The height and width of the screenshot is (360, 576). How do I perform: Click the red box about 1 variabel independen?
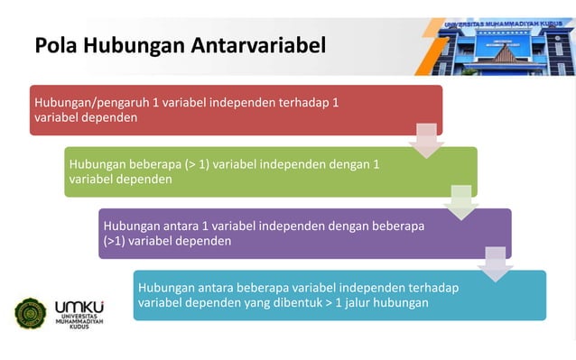coord(235,110)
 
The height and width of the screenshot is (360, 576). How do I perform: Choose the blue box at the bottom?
coord(339,295)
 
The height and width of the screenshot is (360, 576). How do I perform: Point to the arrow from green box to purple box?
coord(460,202)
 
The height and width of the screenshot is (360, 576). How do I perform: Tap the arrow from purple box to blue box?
coord(495,263)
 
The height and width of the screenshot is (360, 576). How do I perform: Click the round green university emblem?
coord(30,313)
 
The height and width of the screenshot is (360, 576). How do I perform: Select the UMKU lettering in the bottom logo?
coord(79,307)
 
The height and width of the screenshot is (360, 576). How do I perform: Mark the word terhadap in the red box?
coord(310,102)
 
